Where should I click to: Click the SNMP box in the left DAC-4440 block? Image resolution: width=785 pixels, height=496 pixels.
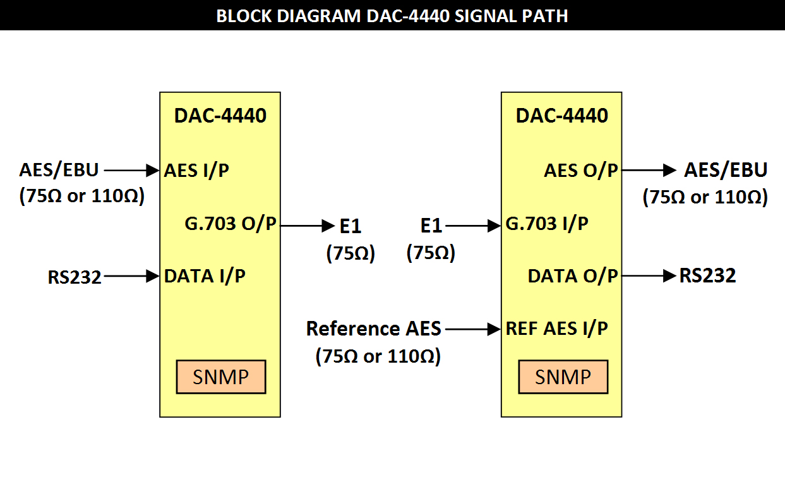click(x=221, y=377)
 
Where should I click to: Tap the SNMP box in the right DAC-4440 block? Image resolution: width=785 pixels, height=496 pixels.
click(x=563, y=377)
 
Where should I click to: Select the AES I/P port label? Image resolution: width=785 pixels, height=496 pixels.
click(x=196, y=171)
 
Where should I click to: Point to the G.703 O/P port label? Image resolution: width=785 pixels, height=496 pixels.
click(x=231, y=224)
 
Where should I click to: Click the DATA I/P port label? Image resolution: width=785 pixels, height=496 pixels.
click(x=205, y=276)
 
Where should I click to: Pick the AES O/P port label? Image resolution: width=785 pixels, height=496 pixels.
click(x=580, y=171)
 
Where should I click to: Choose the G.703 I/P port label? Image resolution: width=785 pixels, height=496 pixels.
click(x=547, y=224)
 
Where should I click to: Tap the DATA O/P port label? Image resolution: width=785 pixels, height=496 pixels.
click(x=573, y=276)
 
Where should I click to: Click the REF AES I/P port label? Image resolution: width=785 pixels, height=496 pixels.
click(x=556, y=329)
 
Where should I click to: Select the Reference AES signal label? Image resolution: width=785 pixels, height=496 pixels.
click(x=374, y=329)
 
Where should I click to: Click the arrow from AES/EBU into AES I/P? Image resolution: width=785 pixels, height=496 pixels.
click(x=132, y=171)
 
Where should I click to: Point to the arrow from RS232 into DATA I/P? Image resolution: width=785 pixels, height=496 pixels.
click(x=132, y=276)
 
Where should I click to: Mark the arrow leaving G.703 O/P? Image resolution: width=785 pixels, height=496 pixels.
click(x=308, y=226)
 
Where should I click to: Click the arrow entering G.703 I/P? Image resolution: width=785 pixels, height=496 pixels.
click(x=473, y=226)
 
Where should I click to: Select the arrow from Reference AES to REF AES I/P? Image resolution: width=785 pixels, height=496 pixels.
click(x=473, y=329)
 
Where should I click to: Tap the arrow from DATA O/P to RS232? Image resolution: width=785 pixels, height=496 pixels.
click(x=649, y=276)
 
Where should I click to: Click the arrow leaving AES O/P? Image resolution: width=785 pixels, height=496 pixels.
click(x=649, y=171)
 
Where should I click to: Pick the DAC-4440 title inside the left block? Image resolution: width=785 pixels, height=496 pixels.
click(x=220, y=116)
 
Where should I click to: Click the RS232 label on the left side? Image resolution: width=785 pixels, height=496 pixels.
click(x=75, y=277)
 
